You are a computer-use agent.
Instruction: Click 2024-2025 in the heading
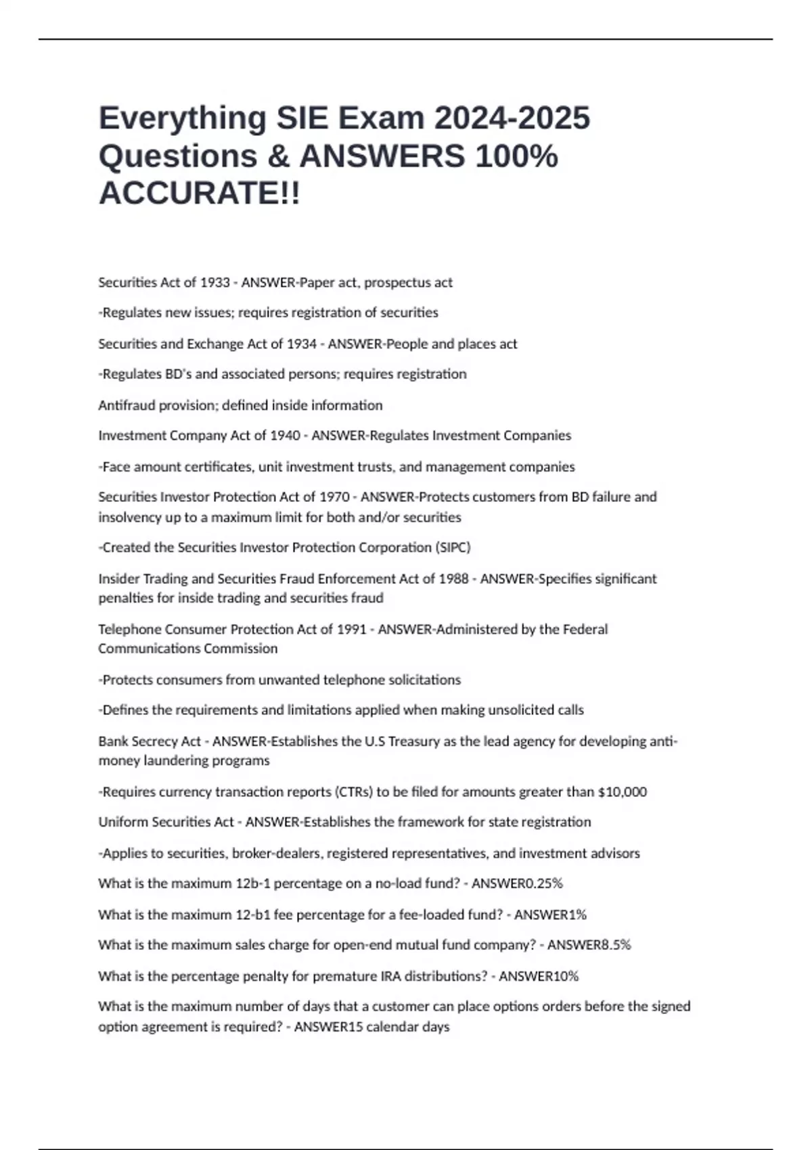point(512,118)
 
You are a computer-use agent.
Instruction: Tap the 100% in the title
point(516,156)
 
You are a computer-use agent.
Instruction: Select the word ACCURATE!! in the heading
point(200,193)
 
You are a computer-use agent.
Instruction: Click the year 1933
point(215,283)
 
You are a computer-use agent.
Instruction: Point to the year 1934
point(302,344)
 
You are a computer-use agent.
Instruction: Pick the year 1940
point(285,436)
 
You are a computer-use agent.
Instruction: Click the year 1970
point(334,497)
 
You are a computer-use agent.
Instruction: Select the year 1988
point(453,579)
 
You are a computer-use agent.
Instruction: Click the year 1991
point(351,630)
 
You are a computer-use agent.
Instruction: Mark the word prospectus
point(399,283)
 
